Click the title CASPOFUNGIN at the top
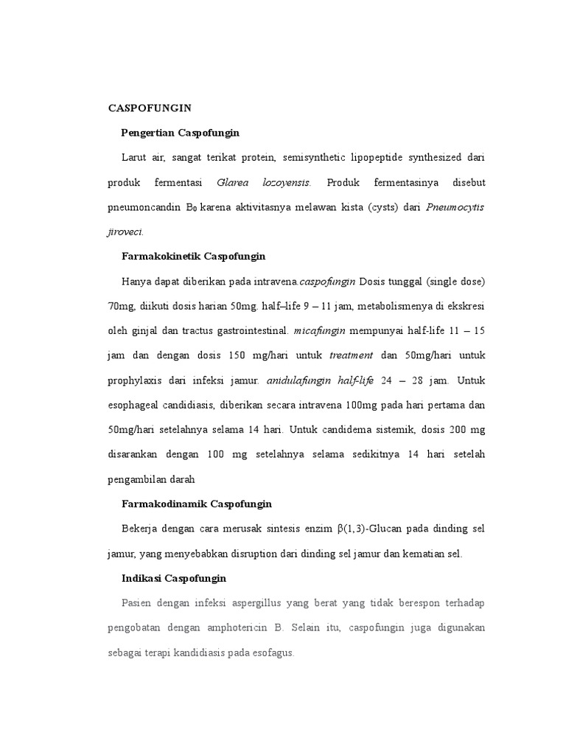click(150, 108)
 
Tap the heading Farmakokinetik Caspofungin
click(192, 257)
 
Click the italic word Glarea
click(231, 182)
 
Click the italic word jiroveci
click(126, 232)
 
